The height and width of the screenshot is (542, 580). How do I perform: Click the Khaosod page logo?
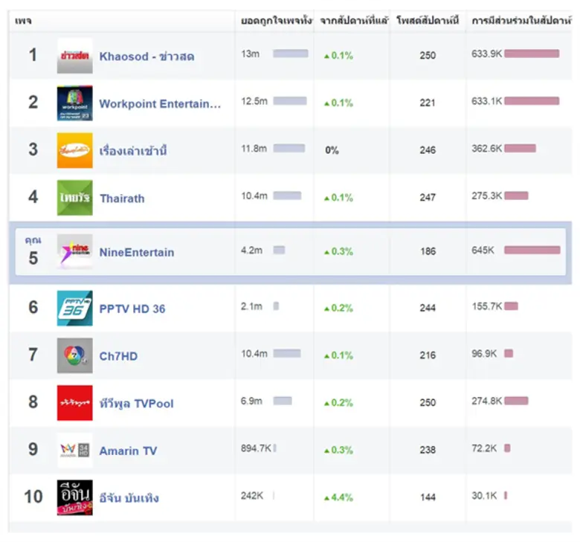coord(74,56)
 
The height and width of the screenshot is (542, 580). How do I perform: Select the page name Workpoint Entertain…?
coord(160,104)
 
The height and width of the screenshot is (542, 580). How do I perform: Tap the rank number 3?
coord(33,149)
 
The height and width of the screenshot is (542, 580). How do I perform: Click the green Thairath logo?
coord(74,198)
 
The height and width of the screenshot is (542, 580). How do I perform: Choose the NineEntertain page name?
coord(136,252)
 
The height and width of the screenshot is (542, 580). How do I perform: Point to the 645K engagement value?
coord(483,251)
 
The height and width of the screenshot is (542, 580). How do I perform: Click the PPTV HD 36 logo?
coord(74,308)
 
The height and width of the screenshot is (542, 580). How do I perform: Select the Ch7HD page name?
coord(118,356)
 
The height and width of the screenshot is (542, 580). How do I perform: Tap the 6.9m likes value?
coord(251,401)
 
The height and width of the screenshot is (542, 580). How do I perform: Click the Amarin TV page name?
coord(128,451)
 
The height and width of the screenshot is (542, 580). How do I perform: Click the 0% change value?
coord(332,150)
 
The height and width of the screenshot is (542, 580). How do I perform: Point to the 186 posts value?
coord(428,251)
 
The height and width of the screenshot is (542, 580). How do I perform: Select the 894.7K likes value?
coord(256,448)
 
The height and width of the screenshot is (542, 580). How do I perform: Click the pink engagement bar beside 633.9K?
coord(531,54)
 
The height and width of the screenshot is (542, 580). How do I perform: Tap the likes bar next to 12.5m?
coord(289,101)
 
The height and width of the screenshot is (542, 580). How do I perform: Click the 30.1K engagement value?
coord(484,495)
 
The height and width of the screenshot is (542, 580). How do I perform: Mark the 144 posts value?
coord(428,497)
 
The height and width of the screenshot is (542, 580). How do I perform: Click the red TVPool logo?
coord(74,403)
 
